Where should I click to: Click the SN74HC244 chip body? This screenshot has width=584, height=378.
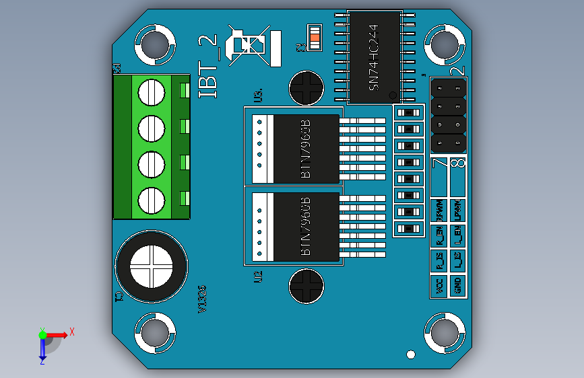point(375,58)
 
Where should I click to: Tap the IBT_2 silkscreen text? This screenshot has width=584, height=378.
point(210,68)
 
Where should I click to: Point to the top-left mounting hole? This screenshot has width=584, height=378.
point(155,44)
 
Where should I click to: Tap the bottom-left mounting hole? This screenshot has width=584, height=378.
point(155,332)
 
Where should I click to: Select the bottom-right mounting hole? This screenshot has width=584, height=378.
point(444,332)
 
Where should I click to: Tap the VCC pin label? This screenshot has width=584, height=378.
point(440,286)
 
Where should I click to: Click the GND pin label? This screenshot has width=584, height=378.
point(458,286)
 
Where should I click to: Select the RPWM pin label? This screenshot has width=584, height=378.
point(440,211)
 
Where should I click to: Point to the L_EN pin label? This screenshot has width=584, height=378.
point(458,235)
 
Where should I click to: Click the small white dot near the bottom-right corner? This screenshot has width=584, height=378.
point(411,354)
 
